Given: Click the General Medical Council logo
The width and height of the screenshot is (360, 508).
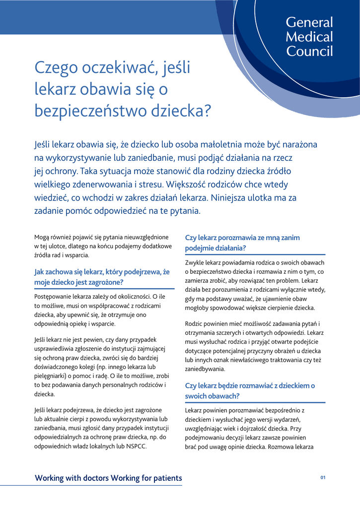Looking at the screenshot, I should point(309,37).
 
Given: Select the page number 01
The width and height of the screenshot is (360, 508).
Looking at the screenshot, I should point(323,478).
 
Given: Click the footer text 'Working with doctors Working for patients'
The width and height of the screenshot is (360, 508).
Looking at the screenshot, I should point(108,478).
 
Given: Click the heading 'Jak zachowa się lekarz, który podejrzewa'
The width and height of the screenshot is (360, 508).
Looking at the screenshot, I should point(102,272).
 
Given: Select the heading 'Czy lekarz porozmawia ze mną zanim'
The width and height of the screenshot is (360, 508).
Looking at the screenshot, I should point(242,238).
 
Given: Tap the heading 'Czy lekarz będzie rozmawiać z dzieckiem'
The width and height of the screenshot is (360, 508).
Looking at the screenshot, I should point(250,385).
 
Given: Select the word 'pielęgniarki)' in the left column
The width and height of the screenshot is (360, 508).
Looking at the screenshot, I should point(52,376).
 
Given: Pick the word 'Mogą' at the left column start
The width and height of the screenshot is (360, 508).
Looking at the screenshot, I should point(42,237).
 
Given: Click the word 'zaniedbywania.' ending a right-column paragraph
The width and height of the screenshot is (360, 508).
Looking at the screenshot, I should point(205,370).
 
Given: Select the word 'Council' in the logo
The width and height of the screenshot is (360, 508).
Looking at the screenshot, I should point(309,51).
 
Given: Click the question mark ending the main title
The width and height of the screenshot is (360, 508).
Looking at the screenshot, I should point(208,111).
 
